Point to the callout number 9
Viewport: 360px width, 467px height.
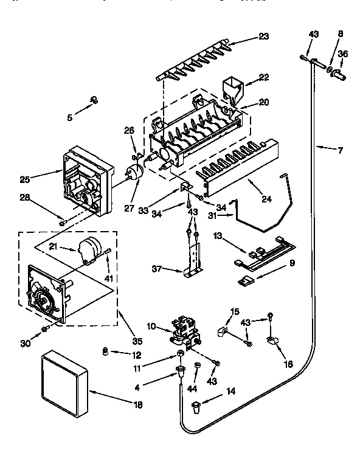click(x=291, y=263)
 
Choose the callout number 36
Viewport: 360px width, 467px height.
click(x=343, y=54)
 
